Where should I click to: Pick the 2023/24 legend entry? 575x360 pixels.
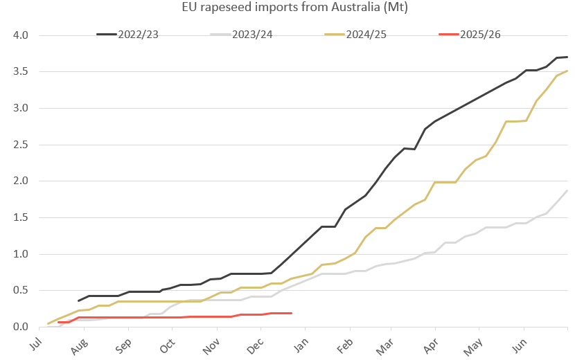coord(256,35)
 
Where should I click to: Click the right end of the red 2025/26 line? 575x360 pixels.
coord(291,314)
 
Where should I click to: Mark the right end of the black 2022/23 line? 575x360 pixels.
coord(567,57)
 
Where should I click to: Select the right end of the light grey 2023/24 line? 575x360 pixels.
coord(567,190)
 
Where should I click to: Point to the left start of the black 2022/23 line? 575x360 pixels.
coord(79,300)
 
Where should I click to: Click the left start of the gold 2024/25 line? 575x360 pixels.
coord(48,323)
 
